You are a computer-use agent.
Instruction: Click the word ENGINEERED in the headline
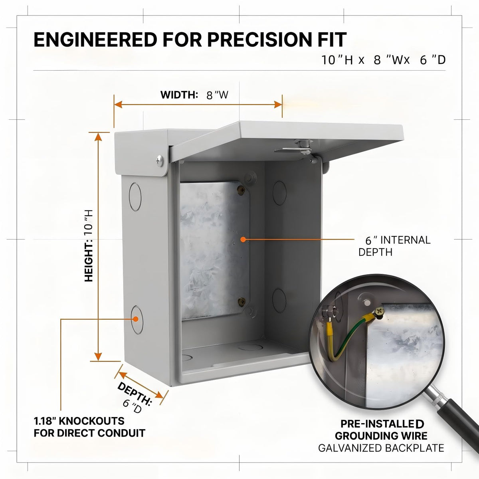95,40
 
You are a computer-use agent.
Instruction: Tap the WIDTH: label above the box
179,95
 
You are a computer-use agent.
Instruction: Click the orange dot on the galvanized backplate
243,239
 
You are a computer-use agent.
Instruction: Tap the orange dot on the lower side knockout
135,319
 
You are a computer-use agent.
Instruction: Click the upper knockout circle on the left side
135,197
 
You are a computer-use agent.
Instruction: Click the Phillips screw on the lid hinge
160,161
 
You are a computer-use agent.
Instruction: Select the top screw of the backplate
241,190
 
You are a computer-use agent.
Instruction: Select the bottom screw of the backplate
241,302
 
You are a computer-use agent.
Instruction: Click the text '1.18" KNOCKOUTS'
79,421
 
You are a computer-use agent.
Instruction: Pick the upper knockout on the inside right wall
280,193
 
